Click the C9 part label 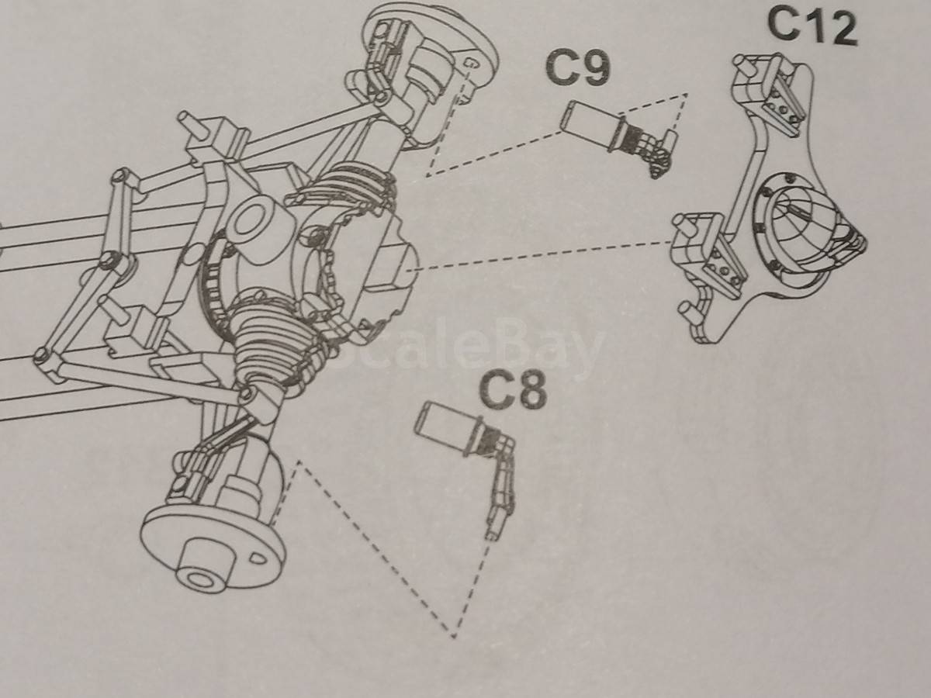pyautogui.click(x=579, y=69)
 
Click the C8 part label pyautogui.click(x=512, y=389)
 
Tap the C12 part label pyautogui.click(x=812, y=26)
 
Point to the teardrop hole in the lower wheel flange pyautogui.click(x=258, y=558)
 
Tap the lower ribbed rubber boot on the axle pyautogui.click(x=272, y=347)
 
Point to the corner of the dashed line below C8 pyautogui.click(x=453, y=648)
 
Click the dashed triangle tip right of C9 pyautogui.click(x=687, y=94)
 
